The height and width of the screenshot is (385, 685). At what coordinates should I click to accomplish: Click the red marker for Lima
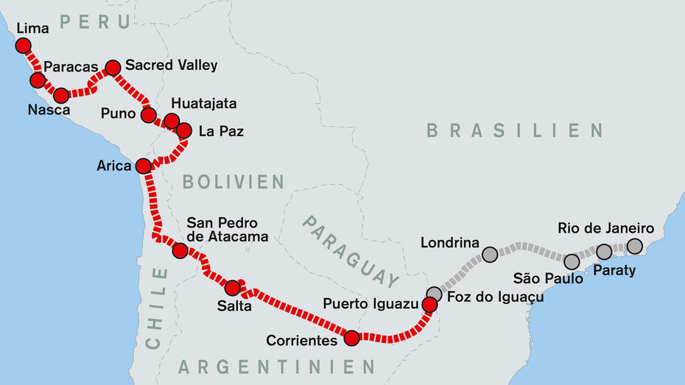[24, 46]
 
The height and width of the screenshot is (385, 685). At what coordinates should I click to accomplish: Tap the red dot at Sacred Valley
[113, 68]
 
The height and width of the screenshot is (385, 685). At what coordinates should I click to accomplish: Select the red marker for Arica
[143, 166]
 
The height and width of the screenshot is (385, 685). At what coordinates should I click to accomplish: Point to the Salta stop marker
[232, 288]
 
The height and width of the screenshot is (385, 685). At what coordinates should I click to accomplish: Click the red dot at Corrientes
[351, 338]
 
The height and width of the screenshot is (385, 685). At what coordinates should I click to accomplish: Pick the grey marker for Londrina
[490, 255]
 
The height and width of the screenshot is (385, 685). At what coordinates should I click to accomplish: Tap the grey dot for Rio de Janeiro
[634, 246]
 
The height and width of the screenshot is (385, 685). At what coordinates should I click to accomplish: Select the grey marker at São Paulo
[572, 261]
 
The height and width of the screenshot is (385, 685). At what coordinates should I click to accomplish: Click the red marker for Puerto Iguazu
[429, 304]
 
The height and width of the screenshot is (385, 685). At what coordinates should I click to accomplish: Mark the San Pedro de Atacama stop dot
[180, 251]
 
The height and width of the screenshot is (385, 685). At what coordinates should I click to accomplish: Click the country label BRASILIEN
[514, 131]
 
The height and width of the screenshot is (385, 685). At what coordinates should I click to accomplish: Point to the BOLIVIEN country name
[233, 182]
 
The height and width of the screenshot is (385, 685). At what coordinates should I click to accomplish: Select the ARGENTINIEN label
[276, 367]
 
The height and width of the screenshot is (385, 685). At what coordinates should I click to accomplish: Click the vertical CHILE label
[155, 308]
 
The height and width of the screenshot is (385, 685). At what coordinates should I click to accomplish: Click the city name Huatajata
[203, 104]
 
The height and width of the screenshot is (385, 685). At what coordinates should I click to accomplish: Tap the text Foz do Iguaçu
[495, 297]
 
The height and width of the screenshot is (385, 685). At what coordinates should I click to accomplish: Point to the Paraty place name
[614, 271]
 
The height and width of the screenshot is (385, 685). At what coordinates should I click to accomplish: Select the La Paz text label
[221, 133]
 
